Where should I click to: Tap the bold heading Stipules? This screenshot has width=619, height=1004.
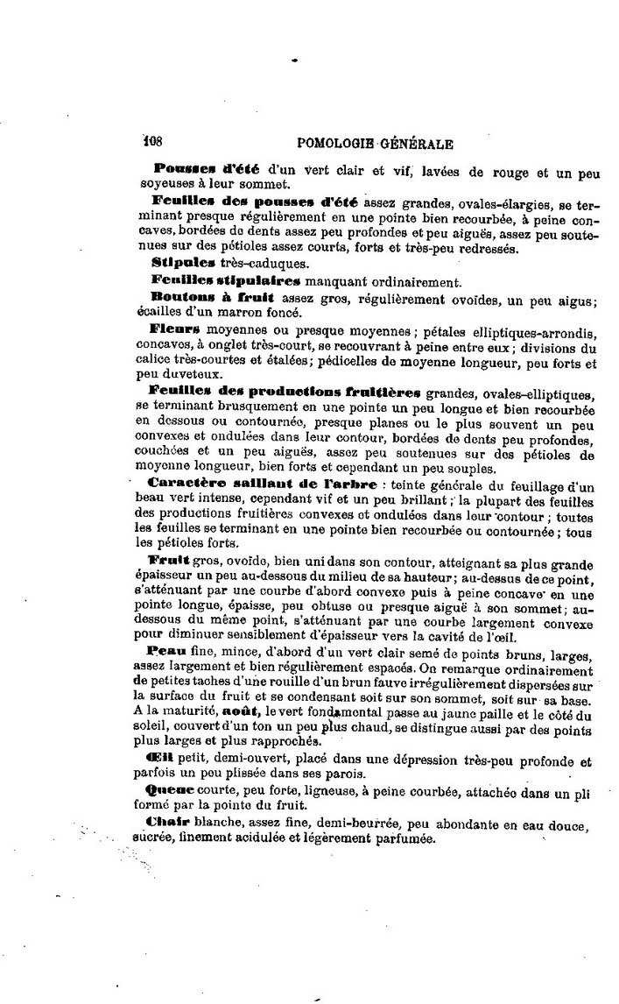179,261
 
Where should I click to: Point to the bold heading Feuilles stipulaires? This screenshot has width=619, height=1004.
225,280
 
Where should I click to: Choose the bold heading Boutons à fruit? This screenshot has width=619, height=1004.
200,298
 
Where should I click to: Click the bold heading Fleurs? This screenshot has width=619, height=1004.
175,330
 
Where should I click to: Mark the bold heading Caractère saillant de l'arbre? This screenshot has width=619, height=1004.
264,484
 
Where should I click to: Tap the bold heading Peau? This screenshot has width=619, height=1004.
166,653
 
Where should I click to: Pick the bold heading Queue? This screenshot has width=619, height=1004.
170,790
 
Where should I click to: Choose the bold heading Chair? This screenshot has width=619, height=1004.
167,824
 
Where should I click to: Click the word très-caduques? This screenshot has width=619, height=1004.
263,262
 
